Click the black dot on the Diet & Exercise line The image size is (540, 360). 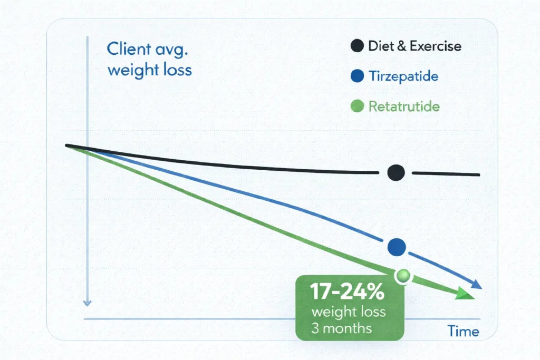click(396, 172)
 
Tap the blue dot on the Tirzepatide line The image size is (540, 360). click(396, 246)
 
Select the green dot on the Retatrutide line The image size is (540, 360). click(403, 275)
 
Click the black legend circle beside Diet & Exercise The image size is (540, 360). click(357, 46)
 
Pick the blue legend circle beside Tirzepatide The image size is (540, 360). click(357, 76)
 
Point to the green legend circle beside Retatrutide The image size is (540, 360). click(357, 107)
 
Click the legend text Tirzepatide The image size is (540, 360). click(403, 76)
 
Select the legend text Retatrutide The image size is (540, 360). click(404, 107)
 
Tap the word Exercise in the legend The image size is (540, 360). click(436, 46)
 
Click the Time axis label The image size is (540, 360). click(463, 332)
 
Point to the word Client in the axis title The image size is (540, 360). click(126, 49)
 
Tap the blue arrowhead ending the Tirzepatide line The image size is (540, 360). click(476, 285)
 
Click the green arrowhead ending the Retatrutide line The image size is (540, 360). click(466, 294)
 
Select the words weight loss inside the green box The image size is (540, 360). click(349, 312)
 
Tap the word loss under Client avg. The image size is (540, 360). click(176, 70)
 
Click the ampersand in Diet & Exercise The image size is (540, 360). click(402, 46)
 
